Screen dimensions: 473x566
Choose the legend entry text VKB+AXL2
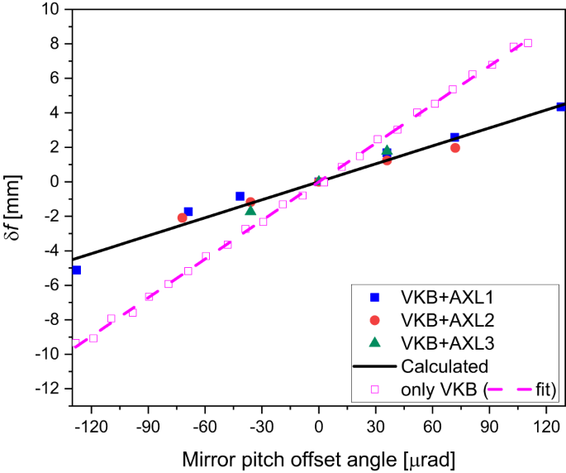(x=446, y=320)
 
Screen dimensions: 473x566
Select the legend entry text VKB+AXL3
(x=446, y=342)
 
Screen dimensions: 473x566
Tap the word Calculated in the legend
(x=445, y=365)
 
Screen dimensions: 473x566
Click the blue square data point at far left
(x=76, y=270)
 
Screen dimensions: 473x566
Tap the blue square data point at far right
(x=560, y=107)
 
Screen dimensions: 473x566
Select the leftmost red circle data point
(x=182, y=217)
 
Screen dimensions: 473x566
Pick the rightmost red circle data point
(x=455, y=148)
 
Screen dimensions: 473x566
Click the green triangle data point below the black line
(x=250, y=211)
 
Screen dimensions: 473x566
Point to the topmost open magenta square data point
(x=528, y=43)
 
